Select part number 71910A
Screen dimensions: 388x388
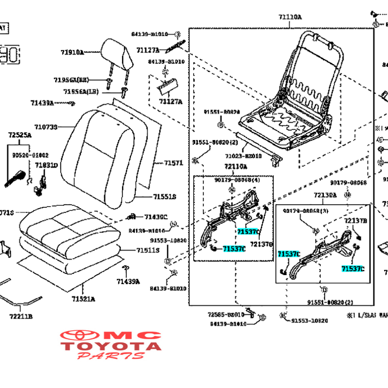(72, 53)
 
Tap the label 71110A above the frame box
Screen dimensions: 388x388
(290, 17)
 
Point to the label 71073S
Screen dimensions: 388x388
(46, 127)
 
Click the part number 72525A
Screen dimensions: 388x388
(20, 135)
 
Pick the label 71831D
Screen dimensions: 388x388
(46, 165)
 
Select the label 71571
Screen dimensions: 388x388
(173, 163)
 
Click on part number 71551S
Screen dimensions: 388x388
(165, 197)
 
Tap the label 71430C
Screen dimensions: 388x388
(156, 217)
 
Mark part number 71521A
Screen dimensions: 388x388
(84, 299)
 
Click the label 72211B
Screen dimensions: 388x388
(20, 316)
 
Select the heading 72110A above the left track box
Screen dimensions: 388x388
(235, 166)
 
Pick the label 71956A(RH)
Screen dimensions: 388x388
(71, 80)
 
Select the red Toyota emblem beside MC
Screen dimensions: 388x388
(80, 335)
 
